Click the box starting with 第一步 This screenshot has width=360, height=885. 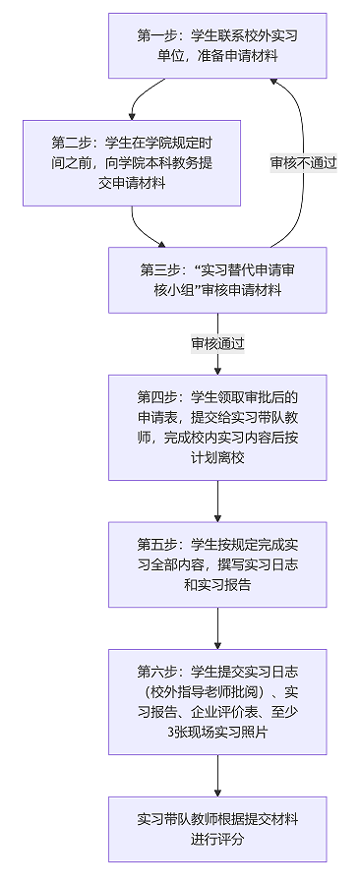click(217, 45)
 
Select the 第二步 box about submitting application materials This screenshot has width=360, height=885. click(132, 162)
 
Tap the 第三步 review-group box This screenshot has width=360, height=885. click(217, 280)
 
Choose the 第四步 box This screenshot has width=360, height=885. click(217, 428)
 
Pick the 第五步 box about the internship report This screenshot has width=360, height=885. click(217, 564)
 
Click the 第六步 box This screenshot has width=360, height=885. click(217, 701)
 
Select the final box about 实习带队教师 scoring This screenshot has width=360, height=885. click(217, 829)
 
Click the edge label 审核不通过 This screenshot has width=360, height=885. click(304, 163)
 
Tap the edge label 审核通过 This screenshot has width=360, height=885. click(217, 344)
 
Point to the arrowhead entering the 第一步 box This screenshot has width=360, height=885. click(273, 83)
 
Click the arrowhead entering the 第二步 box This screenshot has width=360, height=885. click(132, 116)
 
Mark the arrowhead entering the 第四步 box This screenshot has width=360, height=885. click(217, 371)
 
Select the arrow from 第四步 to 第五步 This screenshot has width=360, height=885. click(217, 501)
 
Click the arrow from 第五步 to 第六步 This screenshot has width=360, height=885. click(217, 628)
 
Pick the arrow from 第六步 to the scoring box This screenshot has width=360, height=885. click(217, 776)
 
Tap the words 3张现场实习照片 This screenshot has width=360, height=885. click(217, 733)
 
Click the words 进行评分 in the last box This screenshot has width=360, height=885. click(217, 840)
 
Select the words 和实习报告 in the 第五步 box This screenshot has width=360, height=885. click(217, 585)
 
